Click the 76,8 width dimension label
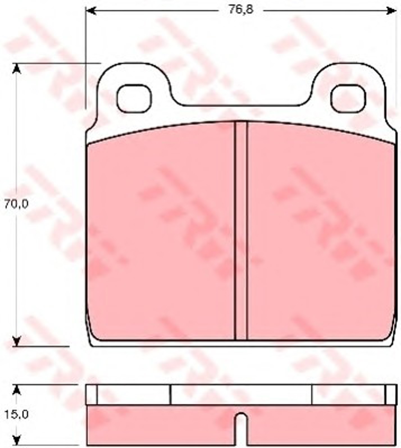241,10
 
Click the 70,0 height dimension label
16,204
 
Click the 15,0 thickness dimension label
16,414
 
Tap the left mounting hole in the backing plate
134,99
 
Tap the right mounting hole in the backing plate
348,99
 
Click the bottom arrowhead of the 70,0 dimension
17,341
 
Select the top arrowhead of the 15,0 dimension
17,390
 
